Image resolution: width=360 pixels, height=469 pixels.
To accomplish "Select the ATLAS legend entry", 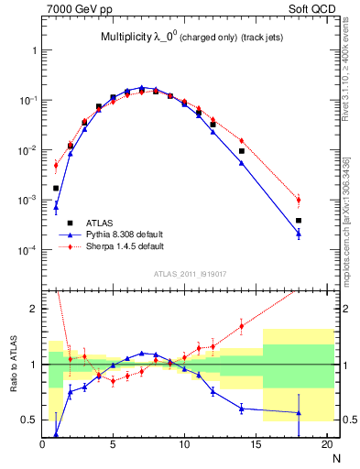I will [100, 223].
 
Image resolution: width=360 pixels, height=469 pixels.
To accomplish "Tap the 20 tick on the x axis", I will [326, 446].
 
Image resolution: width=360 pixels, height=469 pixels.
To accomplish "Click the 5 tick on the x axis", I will [113, 446].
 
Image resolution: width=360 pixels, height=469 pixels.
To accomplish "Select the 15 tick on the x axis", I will [256, 446].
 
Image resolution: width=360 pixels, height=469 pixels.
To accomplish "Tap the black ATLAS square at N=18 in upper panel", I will [299, 221].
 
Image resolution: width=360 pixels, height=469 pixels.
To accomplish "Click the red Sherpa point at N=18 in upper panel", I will [299, 200].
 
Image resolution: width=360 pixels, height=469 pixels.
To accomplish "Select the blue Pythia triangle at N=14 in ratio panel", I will [242, 408].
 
